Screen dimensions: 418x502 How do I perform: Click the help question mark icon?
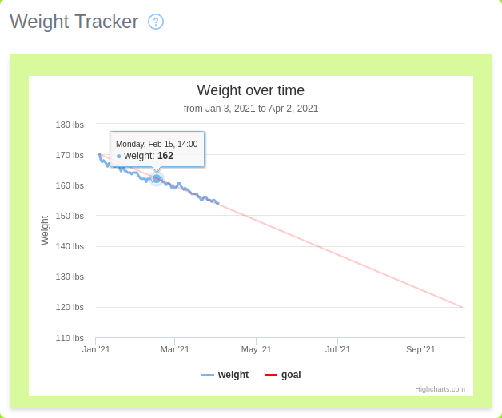156,22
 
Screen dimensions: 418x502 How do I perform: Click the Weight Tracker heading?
74,22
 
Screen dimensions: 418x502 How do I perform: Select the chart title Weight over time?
251,90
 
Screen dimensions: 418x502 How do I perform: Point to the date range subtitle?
251,109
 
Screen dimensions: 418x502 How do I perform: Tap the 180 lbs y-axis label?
70,125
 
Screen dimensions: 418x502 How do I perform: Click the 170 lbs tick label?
70,155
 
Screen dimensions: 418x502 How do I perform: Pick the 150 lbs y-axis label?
70,216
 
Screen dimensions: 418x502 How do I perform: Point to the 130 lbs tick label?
70,277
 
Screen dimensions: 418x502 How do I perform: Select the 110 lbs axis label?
70,338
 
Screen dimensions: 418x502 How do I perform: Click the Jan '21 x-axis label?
96,349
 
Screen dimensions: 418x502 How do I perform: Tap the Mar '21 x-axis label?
175,349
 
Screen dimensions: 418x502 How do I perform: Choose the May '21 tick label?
257,349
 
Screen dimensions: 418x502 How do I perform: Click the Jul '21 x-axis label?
337,349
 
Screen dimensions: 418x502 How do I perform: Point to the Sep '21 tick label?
420,349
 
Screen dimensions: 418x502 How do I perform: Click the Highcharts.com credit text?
440,389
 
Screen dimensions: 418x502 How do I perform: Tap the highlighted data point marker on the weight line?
157,178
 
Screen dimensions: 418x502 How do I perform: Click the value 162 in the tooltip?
165,156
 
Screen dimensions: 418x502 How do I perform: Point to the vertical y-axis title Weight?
45,230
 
